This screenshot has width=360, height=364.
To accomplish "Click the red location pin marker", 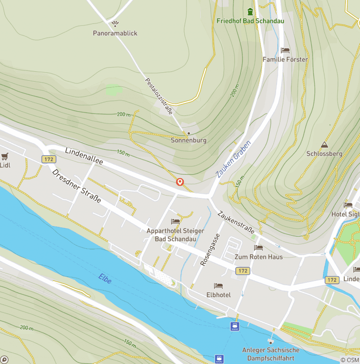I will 180,182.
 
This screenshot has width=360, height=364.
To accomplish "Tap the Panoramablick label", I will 115,33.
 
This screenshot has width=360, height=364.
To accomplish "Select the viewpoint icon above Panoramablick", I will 115,23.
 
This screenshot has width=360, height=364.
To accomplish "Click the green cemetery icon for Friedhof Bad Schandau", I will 250,11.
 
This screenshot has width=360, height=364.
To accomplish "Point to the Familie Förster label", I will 285,60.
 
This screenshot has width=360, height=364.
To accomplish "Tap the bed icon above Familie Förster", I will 285,50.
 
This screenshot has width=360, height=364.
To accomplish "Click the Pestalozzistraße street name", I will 159,96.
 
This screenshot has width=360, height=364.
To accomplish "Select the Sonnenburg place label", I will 188,140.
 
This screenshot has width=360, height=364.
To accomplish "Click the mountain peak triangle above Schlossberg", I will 324,144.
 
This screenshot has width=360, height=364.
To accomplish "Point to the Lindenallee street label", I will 84,155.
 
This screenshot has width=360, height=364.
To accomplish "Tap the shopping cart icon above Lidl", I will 5,156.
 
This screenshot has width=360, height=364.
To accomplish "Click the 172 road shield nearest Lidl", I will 48,159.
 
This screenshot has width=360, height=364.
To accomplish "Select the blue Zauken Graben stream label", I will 234,159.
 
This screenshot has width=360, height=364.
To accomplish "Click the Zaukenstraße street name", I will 236,222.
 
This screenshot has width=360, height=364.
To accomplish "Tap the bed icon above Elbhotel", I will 218,285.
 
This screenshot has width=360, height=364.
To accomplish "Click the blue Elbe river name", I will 105,279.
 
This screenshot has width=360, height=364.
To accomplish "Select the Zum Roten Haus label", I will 259,257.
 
